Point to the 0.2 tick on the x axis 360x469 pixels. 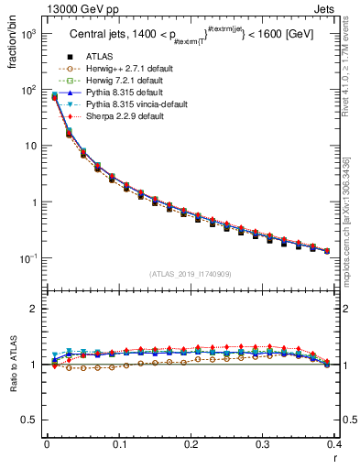[x=191, y=445]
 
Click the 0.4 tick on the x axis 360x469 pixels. [x=334, y=445]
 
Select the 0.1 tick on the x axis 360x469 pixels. [x=119, y=445]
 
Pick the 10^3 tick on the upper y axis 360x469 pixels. [x=29, y=34]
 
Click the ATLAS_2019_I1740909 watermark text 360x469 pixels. [x=191, y=273]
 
